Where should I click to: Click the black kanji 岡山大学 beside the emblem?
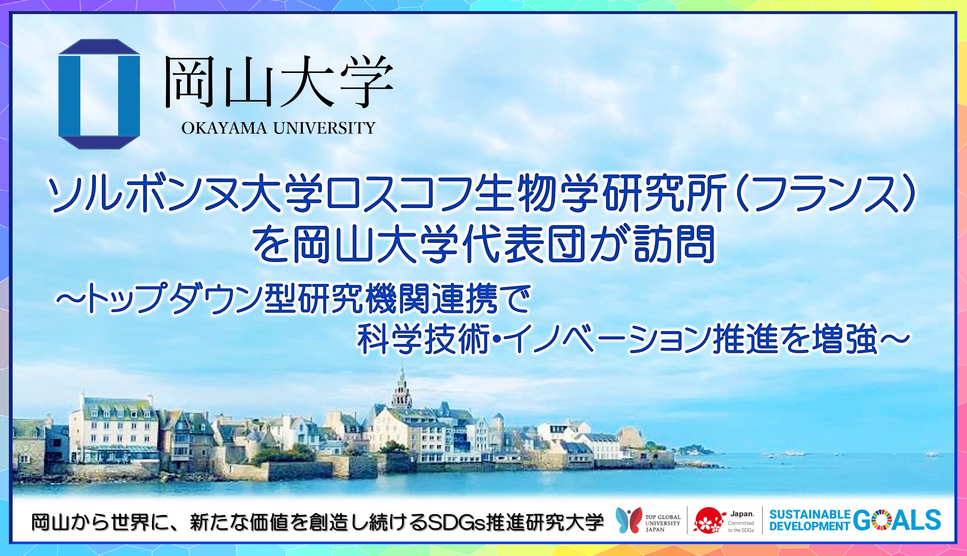click(x=279, y=81)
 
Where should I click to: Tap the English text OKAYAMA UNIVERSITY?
click(x=278, y=128)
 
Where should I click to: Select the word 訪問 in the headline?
click(x=673, y=244)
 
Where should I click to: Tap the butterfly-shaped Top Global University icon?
click(x=629, y=520)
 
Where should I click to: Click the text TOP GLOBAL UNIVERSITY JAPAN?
click(x=663, y=523)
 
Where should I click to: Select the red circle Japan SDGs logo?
click(x=709, y=520)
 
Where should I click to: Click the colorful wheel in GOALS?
click(x=881, y=520)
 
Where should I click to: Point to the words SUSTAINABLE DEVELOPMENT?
click(x=810, y=520)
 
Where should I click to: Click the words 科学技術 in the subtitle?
click(x=424, y=339)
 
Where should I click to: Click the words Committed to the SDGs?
click(x=741, y=527)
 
